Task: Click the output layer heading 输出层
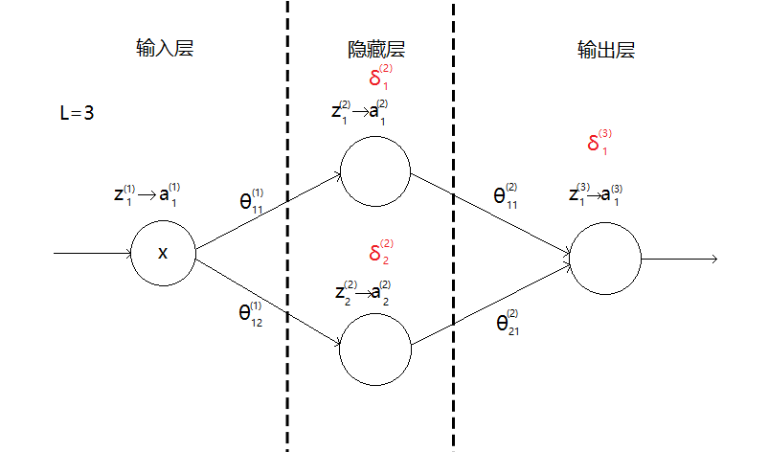[x=606, y=50]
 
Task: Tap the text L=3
[x=77, y=113]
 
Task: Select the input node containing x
[x=163, y=253]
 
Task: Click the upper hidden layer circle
[x=376, y=172]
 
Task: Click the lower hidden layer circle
[x=376, y=346]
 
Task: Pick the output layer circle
[x=604, y=259]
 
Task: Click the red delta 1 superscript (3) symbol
[x=599, y=143]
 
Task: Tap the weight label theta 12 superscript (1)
[x=251, y=312]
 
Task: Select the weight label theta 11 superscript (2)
[x=506, y=195]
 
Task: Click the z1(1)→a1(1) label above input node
[x=146, y=194]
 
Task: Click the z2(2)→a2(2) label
[x=363, y=291]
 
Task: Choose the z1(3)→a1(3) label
[x=595, y=193]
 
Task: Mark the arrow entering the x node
[x=93, y=254]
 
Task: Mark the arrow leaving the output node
[x=680, y=259]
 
